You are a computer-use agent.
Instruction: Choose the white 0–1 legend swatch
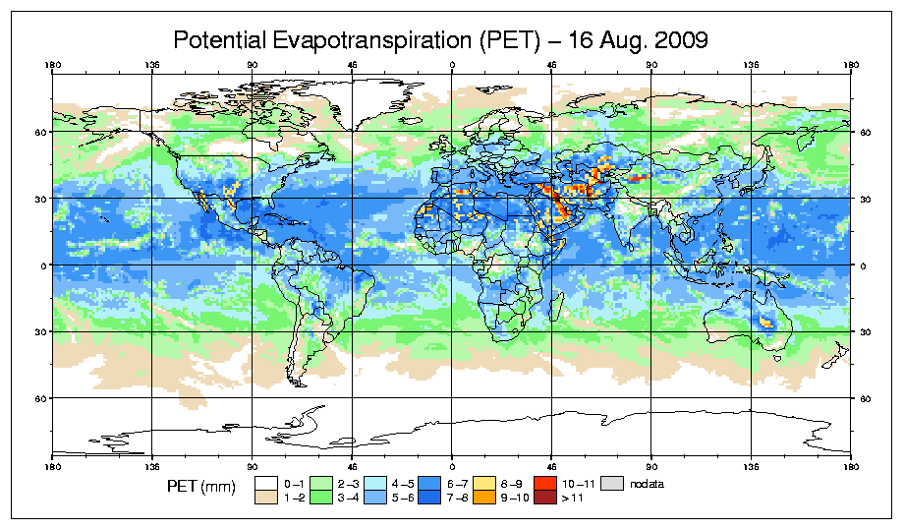(265, 483)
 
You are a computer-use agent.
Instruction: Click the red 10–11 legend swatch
(544, 483)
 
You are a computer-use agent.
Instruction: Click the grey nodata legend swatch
(614, 483)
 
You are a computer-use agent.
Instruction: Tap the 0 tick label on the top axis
(452, 66)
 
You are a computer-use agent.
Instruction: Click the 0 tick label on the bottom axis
(452, 465)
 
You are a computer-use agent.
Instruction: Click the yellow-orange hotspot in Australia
(765, 322)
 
